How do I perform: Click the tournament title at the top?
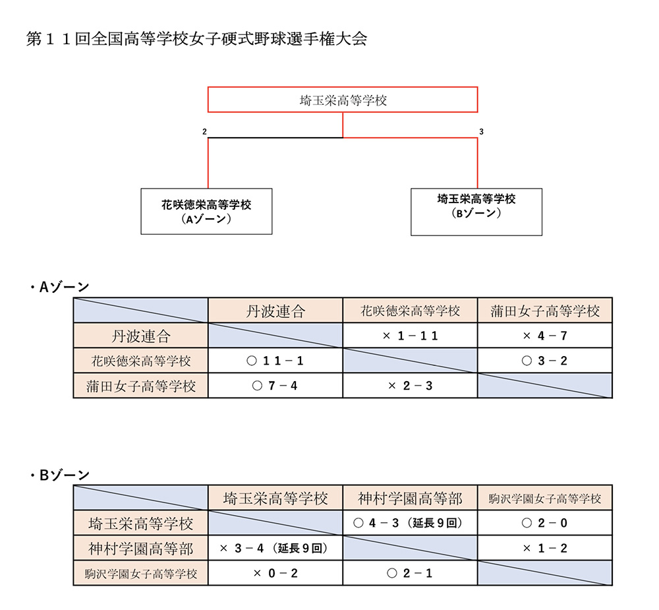(x=196, y=39)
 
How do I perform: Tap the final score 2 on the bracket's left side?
(x=204, y=132)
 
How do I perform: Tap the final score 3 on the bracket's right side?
(x=481, y=132)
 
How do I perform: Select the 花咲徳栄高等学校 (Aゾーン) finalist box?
(x=206, y=211)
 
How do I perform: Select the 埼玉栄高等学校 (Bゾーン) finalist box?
(x=476, y=212)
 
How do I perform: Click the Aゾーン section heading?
(x=59, y=287)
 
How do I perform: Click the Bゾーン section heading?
(x=59, y=475)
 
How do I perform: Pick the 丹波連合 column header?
(x=275, y=311)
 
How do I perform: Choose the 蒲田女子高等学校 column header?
(x=545, y=311)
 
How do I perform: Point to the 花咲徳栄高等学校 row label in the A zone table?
(x=141, y=361)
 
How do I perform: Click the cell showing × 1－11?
(x=410, y=335)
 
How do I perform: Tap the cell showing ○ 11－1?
(x=275, y=361)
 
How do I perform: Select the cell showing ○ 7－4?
(x=275, y=385)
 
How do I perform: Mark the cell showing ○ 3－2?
(x=545, y=361)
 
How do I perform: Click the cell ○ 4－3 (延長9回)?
(x=410, y=523)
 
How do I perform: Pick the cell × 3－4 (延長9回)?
(x=275, y=548)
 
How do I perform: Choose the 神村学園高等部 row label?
(x=141, y=548)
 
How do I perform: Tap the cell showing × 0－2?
(x=275, y=573)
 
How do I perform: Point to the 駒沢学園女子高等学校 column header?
(x=545, y=498)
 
